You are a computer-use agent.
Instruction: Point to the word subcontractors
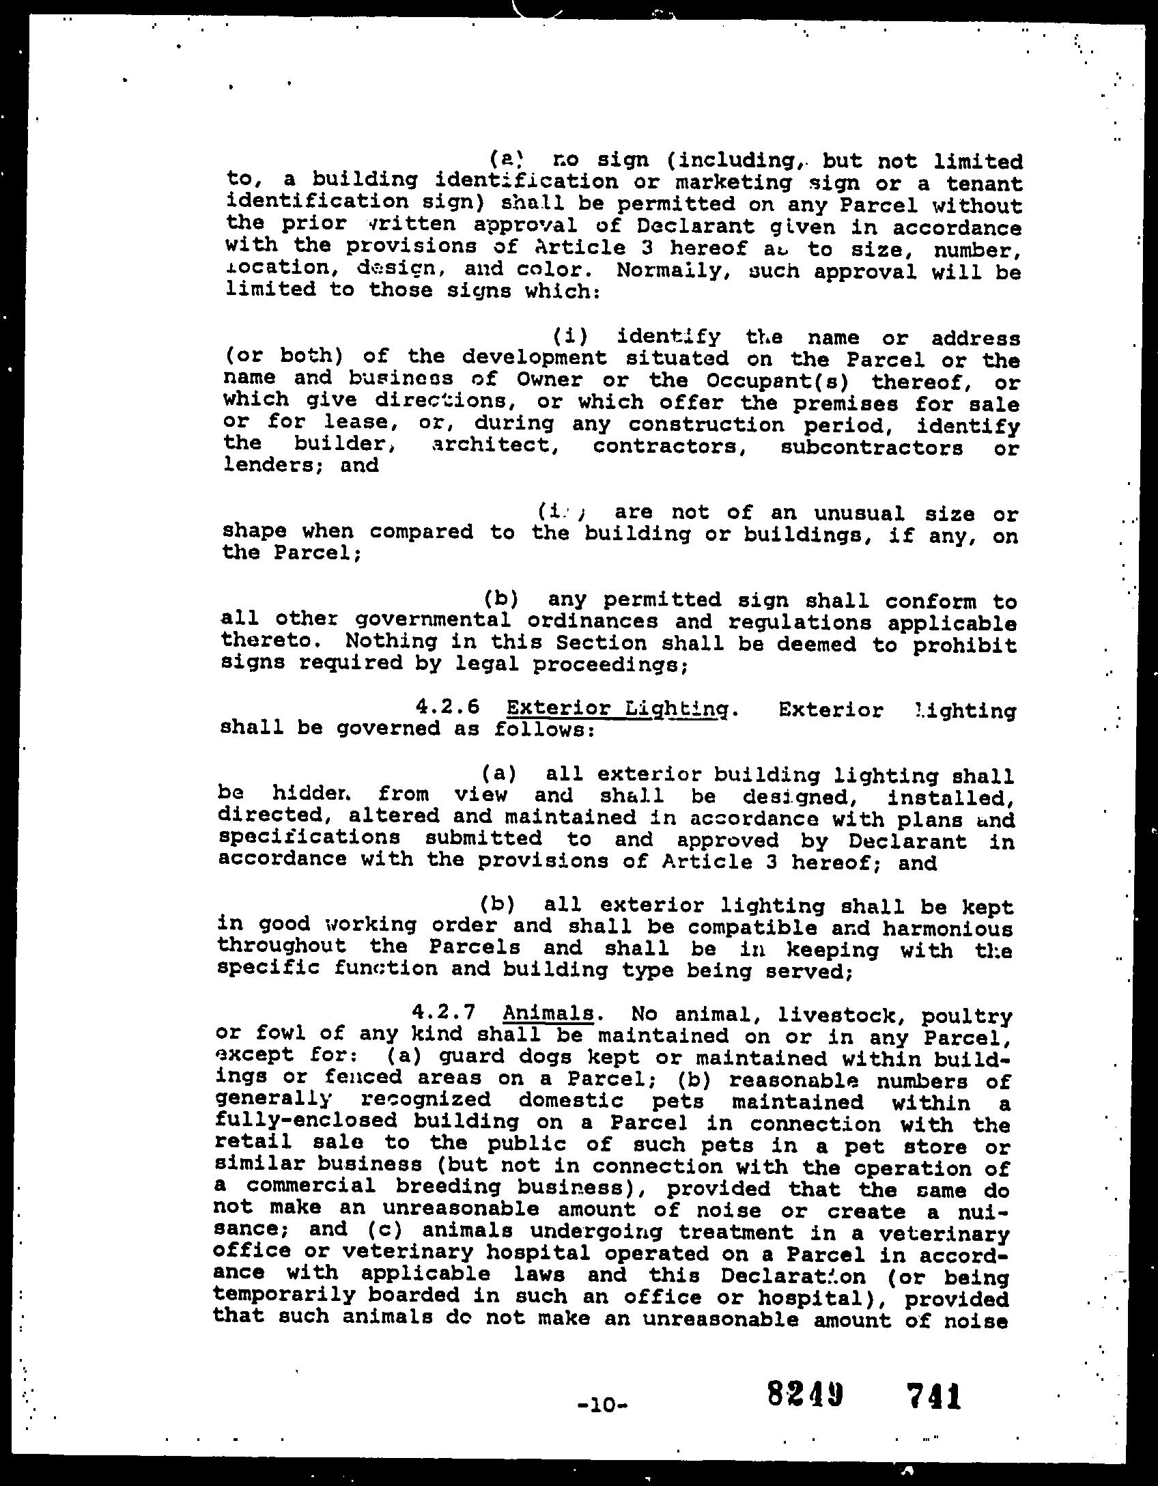pos(871,448)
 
